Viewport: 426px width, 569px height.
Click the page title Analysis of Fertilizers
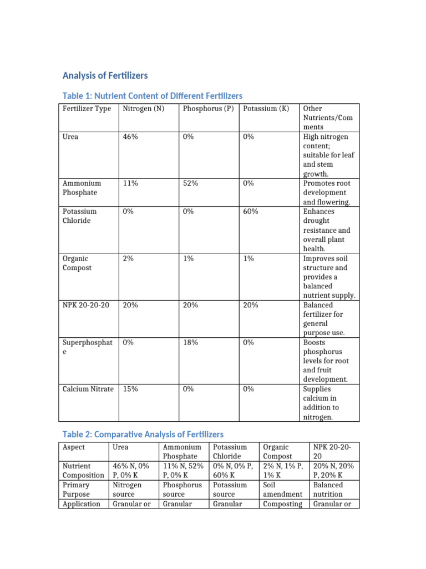pos(105,75)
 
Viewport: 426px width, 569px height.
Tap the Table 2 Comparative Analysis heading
pos(143,434)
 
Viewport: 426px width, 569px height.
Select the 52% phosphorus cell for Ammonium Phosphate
pos(190,183)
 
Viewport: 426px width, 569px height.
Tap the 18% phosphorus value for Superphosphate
pos(190,343)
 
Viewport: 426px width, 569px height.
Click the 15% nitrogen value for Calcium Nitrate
pos(130,390)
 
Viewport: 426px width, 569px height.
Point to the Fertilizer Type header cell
pos(87,109)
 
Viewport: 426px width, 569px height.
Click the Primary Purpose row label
pos(77,490)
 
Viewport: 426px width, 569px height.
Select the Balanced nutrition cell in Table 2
pos(328,490)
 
